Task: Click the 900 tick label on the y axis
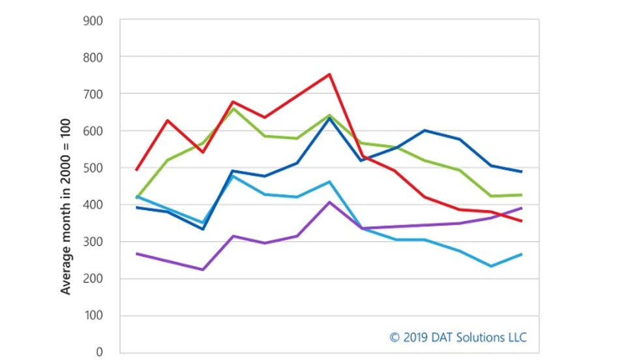click(93, 20)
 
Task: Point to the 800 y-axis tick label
click(93, 57)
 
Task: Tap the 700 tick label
click(93, 94)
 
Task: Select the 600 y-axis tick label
click(93, 131)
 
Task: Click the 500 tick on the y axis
click(93, 168)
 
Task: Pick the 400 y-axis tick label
click(93, 205)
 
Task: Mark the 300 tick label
click(93, 242)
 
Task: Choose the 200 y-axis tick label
click(93, 279)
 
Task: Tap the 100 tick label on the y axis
click(93, 316)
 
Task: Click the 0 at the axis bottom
click(100, 353)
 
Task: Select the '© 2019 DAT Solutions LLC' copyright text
click(458, 337)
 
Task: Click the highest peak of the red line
click(330, 74)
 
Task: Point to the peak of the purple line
click(330, 202)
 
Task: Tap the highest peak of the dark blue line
click(330, 118)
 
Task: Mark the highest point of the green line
click(234, 108)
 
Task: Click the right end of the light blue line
click(522, 254)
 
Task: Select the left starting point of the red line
click(137, 170)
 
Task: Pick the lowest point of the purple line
click(202, 269)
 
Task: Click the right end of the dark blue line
click(522, 172)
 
